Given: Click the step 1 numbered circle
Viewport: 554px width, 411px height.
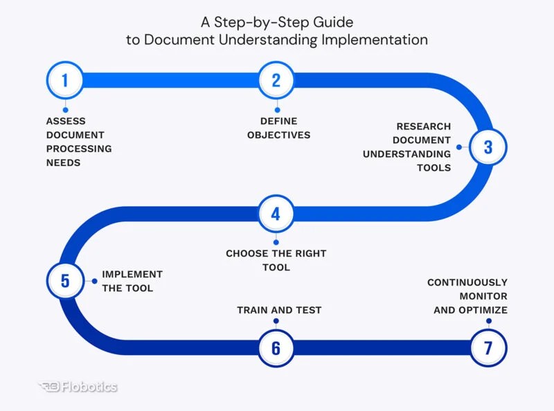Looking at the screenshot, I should [64, 80].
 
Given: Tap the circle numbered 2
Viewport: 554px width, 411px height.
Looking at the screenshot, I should [276, 80].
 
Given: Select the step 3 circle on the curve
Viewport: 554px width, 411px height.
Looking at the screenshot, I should [488, 147].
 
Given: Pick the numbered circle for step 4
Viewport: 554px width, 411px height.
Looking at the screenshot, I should [276, 214].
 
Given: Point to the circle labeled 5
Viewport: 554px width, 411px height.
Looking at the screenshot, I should [65, 281].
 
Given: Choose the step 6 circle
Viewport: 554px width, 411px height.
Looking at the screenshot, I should [276, 348].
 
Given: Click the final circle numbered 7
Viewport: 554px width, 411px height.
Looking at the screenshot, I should [488, 348].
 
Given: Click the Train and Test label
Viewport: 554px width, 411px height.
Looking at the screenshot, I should [279, 310].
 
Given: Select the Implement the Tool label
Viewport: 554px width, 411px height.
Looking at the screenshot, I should [132, 281].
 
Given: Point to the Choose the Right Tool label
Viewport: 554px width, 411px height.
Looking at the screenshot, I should [276, 260].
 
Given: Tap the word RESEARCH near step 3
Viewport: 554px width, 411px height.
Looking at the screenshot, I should [423, 127].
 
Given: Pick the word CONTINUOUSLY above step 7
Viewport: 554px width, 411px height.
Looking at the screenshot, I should [467, 282].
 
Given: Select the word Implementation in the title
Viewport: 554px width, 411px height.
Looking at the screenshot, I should [374, 40].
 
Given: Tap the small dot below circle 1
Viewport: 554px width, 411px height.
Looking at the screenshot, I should [65, 109].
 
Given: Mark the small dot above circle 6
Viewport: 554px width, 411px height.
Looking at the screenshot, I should [276, 321].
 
